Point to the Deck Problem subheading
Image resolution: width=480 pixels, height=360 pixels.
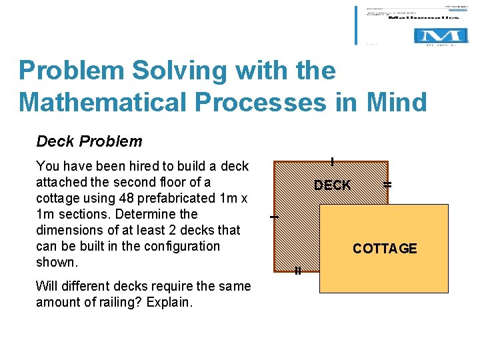coord(89,141)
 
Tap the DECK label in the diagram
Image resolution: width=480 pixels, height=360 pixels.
coord(332,185)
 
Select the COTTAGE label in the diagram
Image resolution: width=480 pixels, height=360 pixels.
coord(385,249)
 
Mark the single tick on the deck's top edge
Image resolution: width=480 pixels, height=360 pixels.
coord(332,161)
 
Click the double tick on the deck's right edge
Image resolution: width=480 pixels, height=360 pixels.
coord(387,184)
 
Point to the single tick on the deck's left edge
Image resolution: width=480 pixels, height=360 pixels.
coord(273,217)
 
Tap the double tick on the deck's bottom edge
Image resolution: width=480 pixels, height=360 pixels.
coord(298,271)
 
